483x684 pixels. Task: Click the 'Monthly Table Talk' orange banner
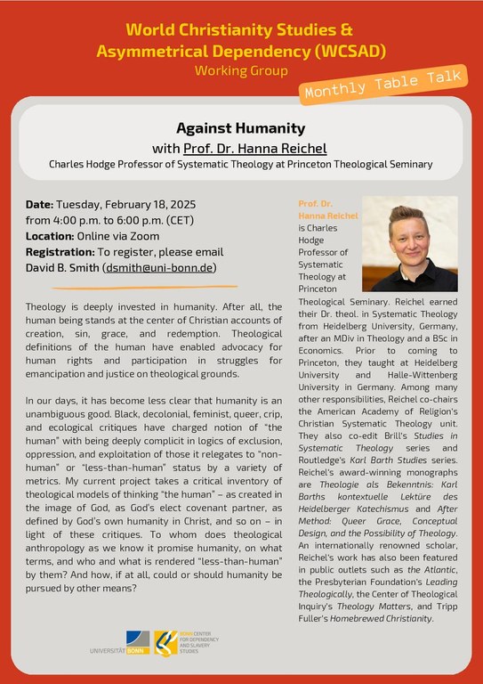390,85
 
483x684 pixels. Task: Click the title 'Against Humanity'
240,128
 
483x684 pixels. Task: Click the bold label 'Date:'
40,204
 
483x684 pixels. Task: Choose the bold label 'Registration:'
65,252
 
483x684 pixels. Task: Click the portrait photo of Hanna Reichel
409,244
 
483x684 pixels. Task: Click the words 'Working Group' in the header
240,69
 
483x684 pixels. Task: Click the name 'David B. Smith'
62,267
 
